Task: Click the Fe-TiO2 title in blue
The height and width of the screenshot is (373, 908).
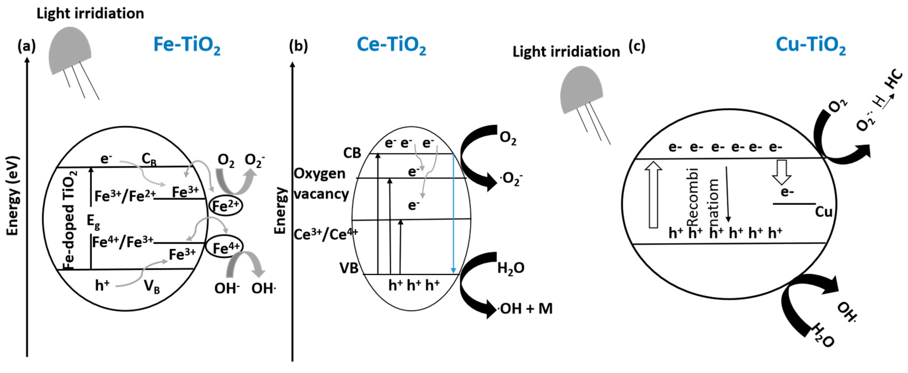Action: (x=187, y=46)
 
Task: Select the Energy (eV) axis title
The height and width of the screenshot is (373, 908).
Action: (x=13, y=196)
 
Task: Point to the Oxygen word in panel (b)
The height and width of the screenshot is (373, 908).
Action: (x=319, y=173)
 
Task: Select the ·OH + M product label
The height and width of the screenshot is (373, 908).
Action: (x=525, y=309)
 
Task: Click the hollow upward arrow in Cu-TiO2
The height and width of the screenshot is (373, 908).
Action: (x=653, y=195)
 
